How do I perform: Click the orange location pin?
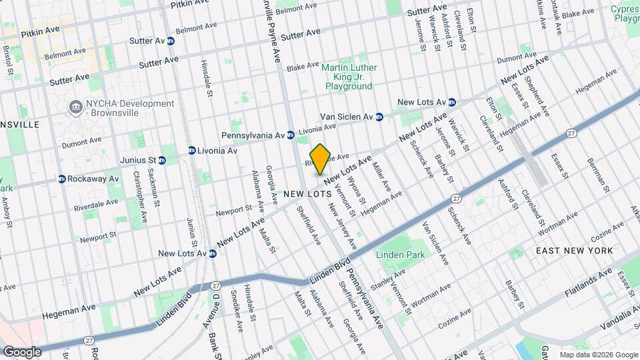click(x=320, y=158)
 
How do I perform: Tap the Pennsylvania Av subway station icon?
click(x=291, y=135)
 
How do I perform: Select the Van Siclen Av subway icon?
click(x=379, y=117)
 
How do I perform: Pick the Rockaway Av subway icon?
click(x=61, y=179)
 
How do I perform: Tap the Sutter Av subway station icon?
click(x=171, y=41)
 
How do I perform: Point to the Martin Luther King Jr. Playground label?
click(x=349, y=77)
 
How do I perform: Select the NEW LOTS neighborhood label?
click(x=307, y=194)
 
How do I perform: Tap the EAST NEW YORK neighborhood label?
click(x=574, y=250)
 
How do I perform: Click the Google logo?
click(x=21, y=351)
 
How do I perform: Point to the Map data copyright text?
click(x=598, y=355)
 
